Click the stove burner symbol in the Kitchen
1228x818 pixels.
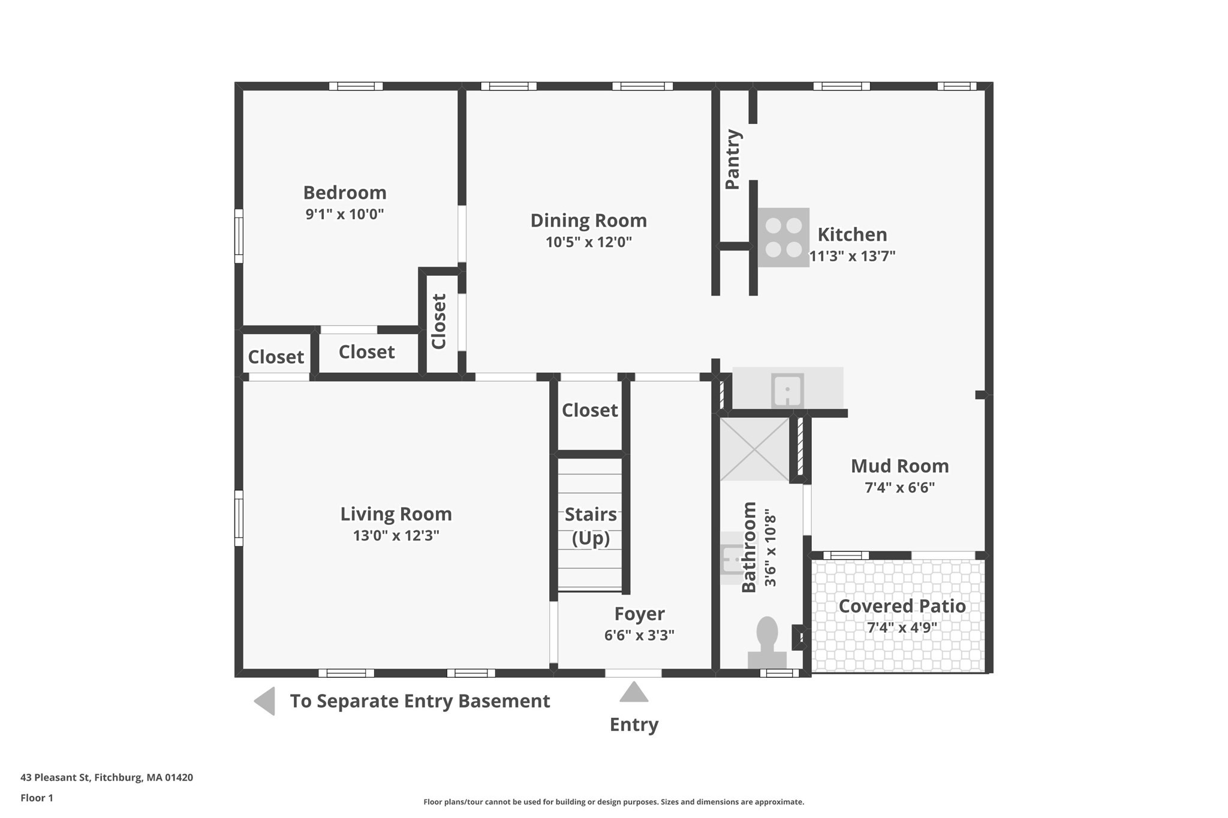click(x=783, y=237)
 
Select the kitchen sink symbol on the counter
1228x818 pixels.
click(x=787, y=390)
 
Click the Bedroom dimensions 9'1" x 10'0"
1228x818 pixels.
click(x=344, y=214)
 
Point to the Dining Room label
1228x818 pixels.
click(x=588, y=221)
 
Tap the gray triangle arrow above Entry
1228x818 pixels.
click(x=634, y=692)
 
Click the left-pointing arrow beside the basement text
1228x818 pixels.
click(x=265, y=701)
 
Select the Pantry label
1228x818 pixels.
click(x=733, y=159)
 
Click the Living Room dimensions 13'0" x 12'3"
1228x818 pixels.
click(x=396, y=535)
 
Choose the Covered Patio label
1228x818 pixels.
click(x=901, y=606)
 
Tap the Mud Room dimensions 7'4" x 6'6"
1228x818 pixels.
click(x=899, y=487)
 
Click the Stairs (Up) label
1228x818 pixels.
click(x=591, y=526)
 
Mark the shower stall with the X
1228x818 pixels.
click(x=754, y=449)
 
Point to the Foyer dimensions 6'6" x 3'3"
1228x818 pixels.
click(x=639, y=635)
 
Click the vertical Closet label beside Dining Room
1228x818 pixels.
click(x=439, y=321)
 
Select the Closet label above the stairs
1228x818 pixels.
click(x=589, y=410)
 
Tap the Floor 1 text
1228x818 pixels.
click(x=37, y=798)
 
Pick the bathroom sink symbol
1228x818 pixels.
click(x=732, y=559)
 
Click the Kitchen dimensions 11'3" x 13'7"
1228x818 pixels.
click(x=852, y=256)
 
